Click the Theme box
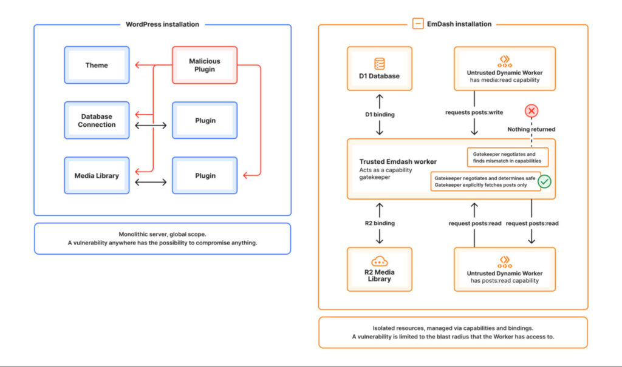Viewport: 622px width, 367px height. [97, 65]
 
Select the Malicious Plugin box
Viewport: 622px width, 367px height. [205, 65]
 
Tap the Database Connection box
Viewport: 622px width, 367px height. [97, 120]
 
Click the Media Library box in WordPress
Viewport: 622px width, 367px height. [97, 175]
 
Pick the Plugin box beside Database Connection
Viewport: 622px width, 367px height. [205, 120]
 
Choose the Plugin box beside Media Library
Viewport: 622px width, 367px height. [205, 175]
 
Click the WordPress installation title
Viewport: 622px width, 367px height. [162, 24]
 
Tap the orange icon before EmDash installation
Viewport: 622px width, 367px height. [417, 24]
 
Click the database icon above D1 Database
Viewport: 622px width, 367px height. [379, 63]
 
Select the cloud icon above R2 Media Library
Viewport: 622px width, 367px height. [379, 261]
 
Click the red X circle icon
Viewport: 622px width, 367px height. [531, 111]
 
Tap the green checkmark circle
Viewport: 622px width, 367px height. [544, 181]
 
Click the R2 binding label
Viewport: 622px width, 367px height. [379, 223]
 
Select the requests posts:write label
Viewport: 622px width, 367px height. [474, 112]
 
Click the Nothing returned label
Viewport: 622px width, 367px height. [531, 129]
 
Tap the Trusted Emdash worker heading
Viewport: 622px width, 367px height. [397, 162]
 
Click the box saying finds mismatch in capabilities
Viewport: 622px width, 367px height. [508, 158]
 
